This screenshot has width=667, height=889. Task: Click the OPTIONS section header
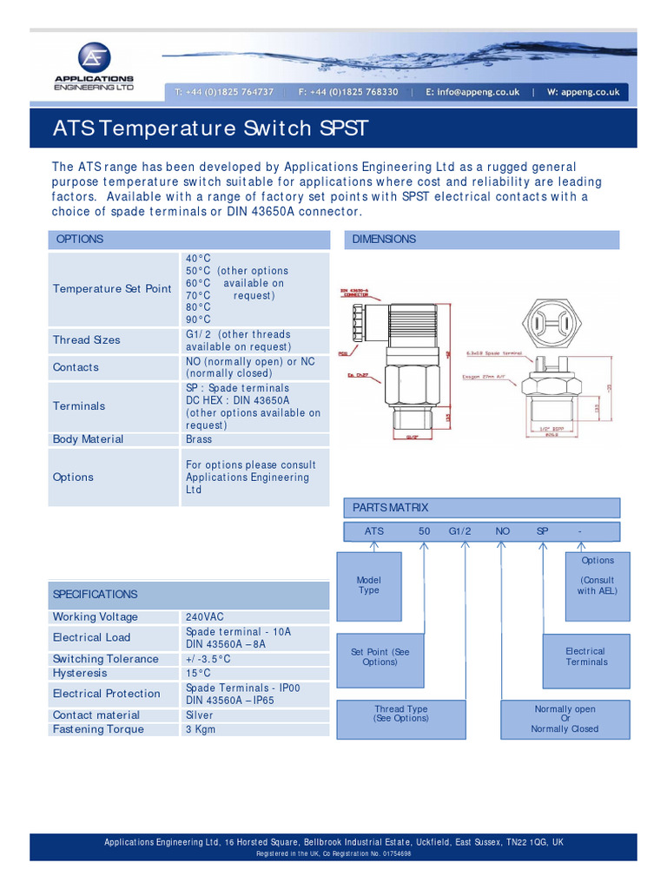pos(80,240)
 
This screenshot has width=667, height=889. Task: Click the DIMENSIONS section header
pos(384,240)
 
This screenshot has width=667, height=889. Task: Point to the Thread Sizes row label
pos(87,340)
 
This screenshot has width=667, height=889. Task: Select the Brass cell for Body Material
pos(199,439)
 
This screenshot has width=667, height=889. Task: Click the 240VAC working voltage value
pos(205,617)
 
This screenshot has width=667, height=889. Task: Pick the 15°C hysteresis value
pos(198,673)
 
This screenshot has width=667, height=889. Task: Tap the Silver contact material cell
pos(199,715)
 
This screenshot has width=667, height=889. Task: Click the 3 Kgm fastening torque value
pos(201,729)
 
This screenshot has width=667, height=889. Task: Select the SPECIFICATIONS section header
pos(96,595)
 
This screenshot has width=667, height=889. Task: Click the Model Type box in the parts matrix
pos(369,585)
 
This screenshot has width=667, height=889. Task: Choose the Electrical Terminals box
pos(585,657)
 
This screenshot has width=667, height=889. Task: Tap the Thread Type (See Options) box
pos(401,714)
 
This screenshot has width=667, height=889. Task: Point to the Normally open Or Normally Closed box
pos(565,719)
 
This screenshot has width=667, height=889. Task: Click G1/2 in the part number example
pos(459,530)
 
